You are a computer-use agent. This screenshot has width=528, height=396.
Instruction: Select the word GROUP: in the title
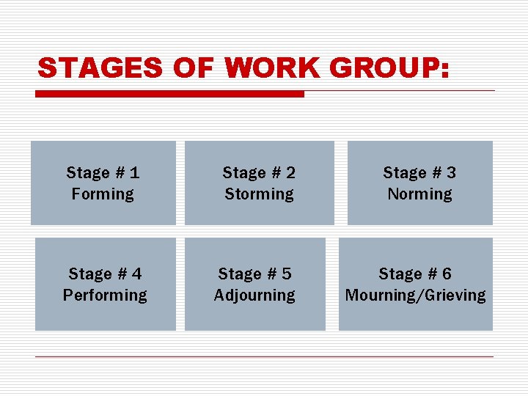coord(389,68)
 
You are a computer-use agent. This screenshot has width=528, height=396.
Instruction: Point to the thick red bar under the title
coord(169,94)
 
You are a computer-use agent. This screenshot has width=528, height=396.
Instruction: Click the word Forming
coord(103,194)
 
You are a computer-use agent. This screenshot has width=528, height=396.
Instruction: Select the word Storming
coord(259,194)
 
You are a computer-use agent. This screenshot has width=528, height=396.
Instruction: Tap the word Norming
coord(419,194)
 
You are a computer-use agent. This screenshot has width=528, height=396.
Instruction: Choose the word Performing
coord(105,296)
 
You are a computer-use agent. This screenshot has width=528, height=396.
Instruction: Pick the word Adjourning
coord(254,296)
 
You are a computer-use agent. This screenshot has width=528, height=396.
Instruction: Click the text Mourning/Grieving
coord(415,296)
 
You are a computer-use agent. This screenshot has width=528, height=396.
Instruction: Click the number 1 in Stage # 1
coord(134,173)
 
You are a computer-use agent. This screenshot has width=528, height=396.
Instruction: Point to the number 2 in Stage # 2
coord(290,173)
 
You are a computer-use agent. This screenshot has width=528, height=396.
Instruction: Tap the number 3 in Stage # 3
coord(451,173)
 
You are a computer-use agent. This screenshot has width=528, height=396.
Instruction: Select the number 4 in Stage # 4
coord(136,274)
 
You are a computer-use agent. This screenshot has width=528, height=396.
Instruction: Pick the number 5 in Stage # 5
coord(286,274)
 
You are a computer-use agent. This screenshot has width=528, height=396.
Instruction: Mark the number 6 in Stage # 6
coord(447,274)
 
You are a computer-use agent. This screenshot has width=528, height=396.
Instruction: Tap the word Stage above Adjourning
coord(239,274)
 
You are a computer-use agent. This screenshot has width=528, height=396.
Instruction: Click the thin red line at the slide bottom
coord(264,357)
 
